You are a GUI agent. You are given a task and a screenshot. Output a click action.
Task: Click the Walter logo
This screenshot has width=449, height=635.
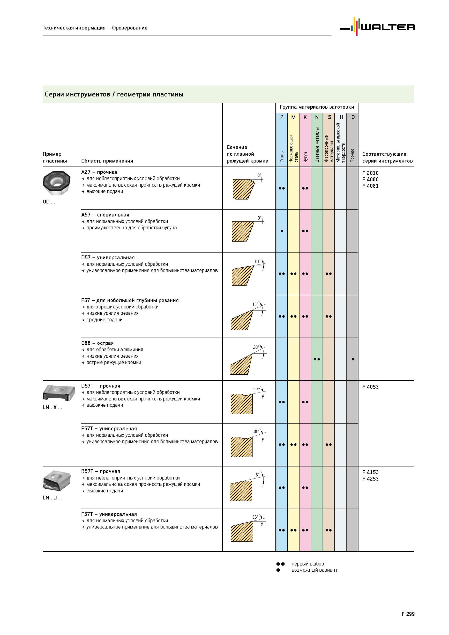377,27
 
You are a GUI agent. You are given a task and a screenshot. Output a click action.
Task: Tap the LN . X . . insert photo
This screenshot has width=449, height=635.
59,392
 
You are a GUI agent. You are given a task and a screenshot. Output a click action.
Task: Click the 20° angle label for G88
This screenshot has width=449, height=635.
256,347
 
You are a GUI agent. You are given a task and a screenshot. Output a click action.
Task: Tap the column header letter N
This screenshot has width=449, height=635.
317,117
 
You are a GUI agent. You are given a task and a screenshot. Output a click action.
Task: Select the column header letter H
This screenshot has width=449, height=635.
341,117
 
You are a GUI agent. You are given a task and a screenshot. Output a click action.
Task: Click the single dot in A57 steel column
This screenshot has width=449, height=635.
282,231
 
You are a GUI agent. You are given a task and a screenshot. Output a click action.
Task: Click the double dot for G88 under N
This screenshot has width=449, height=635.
317,359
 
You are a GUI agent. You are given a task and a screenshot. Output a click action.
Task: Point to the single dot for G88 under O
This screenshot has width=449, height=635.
353,359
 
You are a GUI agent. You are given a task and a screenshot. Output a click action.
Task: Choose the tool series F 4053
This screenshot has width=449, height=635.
370,387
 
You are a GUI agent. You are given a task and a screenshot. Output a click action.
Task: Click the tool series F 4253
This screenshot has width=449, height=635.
370,479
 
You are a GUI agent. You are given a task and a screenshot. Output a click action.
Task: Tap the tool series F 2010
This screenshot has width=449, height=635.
370,173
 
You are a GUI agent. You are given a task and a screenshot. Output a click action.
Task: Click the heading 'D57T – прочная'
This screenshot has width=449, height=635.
101,386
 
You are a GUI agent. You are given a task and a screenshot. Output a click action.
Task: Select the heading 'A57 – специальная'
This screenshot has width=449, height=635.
105,215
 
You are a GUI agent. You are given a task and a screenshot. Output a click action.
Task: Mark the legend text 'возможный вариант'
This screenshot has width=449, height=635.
314,570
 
